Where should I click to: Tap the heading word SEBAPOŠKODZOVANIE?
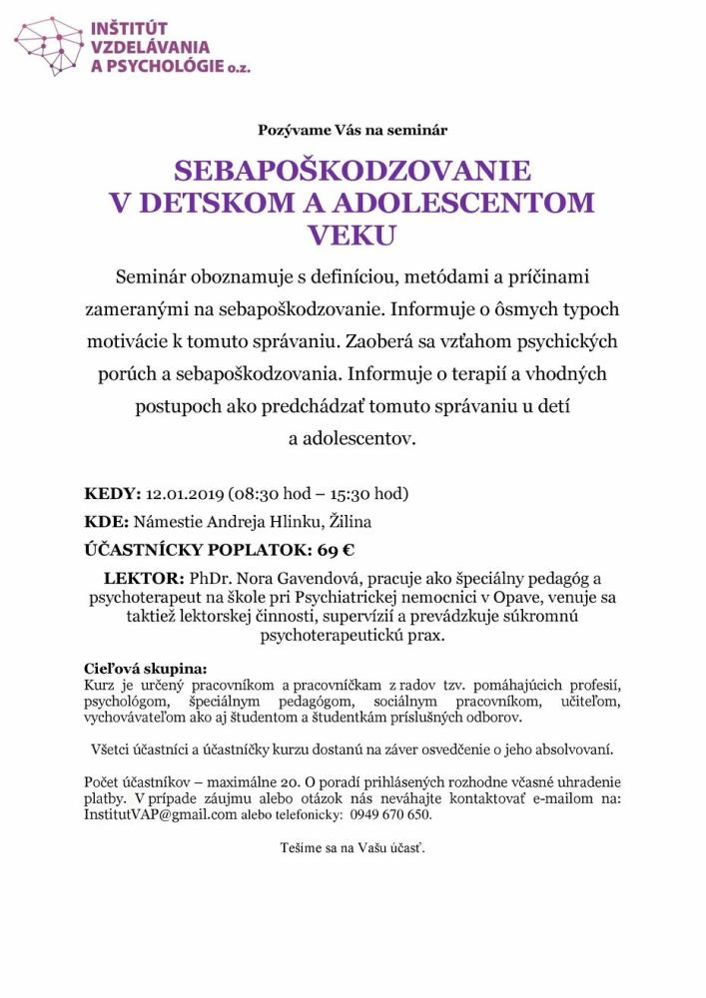pyautogui.click(x=353, y=170)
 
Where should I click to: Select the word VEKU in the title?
pyautogui.click(x=353, y=235)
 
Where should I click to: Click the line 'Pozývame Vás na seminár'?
pyautogui.click(x=353, y=130)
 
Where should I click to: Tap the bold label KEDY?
pyautogui.click(x=113, y=494)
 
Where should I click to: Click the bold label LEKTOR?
pyautogui.click(x=144, y=579)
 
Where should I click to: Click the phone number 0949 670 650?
pyautogui.click(x=390, y=814)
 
